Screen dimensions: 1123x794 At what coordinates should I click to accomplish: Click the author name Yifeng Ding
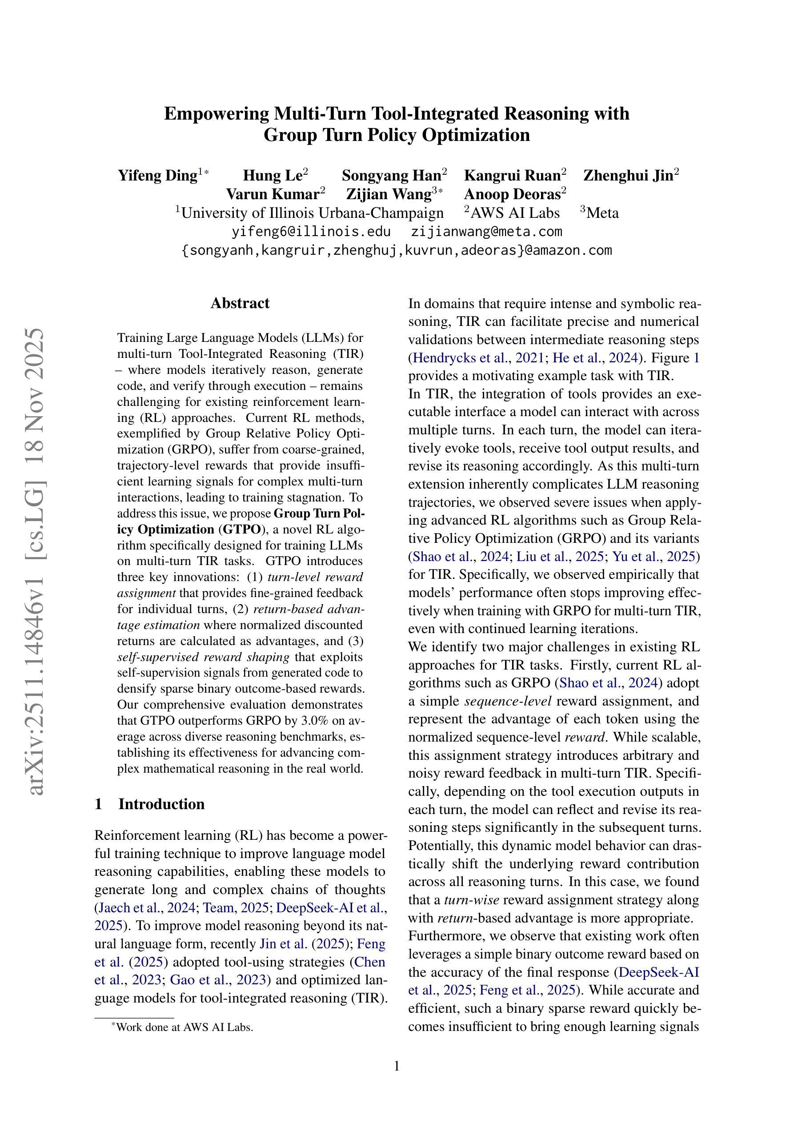157,175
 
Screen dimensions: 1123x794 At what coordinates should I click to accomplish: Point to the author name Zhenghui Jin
628,175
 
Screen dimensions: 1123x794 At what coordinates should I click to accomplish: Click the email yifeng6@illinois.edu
311,231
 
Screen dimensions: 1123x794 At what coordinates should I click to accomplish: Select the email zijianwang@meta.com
486,231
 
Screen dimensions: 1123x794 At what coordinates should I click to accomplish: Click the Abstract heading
240,303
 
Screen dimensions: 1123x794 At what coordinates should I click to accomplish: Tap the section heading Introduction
161,804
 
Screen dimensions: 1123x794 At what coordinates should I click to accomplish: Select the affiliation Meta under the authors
602,213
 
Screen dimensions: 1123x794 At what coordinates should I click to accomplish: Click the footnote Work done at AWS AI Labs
184,1027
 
